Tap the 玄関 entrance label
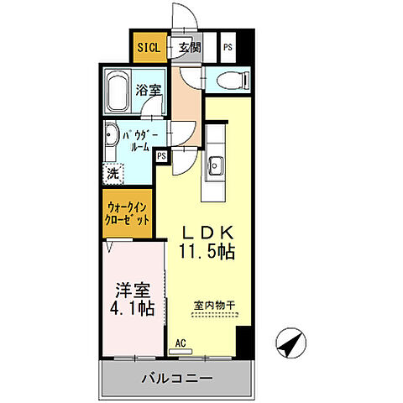pyautogui.click(x=188, y=48)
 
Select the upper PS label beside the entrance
pyautogui.click(x=228, y=48)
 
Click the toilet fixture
pyautogui.click(x=230, y=81)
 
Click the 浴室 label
pyautogui.click(x=150, y=89)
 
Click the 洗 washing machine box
pyautogui.click(x=112, y=175)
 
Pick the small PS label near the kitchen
pyautogui.click(x=160, y=155)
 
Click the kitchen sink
pyautogui.click(x=215, y=164)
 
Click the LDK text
pyautogui.click(x=205, y=233)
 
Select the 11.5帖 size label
pyautogui.click(x=206, y=251)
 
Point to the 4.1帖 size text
pyautogui.click(x=133, y=310)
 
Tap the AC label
pyautogui.click(x=180, y=344)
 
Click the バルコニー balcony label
pyautogui.click(x=176, y=379)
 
